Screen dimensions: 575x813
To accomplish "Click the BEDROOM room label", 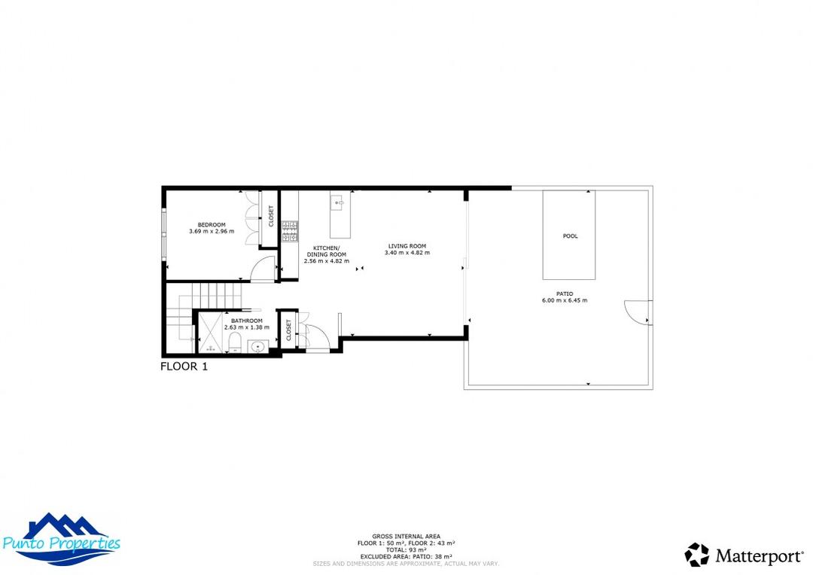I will point(212,224).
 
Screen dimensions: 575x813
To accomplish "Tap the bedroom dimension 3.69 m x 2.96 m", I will point(212,231).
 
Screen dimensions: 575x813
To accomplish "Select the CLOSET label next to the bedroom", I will point(271,216).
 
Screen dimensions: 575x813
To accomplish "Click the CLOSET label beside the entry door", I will point(288,330).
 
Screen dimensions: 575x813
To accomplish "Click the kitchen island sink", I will point(338,202).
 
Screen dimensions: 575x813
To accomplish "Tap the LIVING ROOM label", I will point(407,246).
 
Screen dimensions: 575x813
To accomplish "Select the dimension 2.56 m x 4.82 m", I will point(326,261).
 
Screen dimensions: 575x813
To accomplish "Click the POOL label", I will point(570,236).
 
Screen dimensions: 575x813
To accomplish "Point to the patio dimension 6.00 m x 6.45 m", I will point(564,300).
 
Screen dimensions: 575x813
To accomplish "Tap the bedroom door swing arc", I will point(263,269).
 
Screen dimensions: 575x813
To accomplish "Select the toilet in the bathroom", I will point(235,345).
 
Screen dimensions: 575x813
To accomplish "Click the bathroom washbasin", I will point(258,347).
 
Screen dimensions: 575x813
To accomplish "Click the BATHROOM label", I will point(246,321).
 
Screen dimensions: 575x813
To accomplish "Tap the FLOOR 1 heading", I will point(184,367).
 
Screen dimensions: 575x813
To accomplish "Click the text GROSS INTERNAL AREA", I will point(406,536).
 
